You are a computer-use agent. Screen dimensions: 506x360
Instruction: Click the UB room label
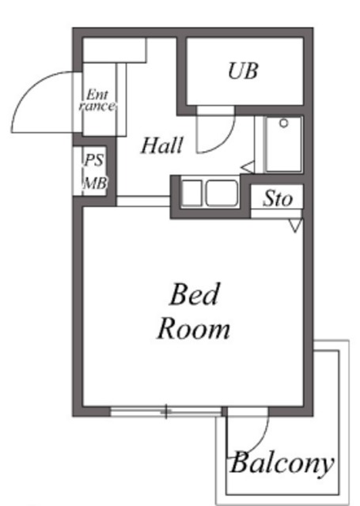point(243,71)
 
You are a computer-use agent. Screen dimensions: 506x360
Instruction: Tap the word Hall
point(163,145)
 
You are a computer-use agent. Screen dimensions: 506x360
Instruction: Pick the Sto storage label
point(278,198)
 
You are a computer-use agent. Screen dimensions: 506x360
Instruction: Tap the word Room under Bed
point(193,327)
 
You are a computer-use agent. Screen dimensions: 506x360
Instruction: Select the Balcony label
point(282,463)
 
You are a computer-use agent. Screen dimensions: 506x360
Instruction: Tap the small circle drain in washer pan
point(282,123)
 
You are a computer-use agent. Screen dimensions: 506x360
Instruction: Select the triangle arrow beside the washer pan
point(247,167)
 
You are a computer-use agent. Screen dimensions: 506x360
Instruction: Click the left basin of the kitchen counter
point(192,193)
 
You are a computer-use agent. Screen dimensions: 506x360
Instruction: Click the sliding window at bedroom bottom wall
point(166,411)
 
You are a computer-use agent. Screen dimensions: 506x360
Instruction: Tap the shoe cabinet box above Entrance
point(115,50)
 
